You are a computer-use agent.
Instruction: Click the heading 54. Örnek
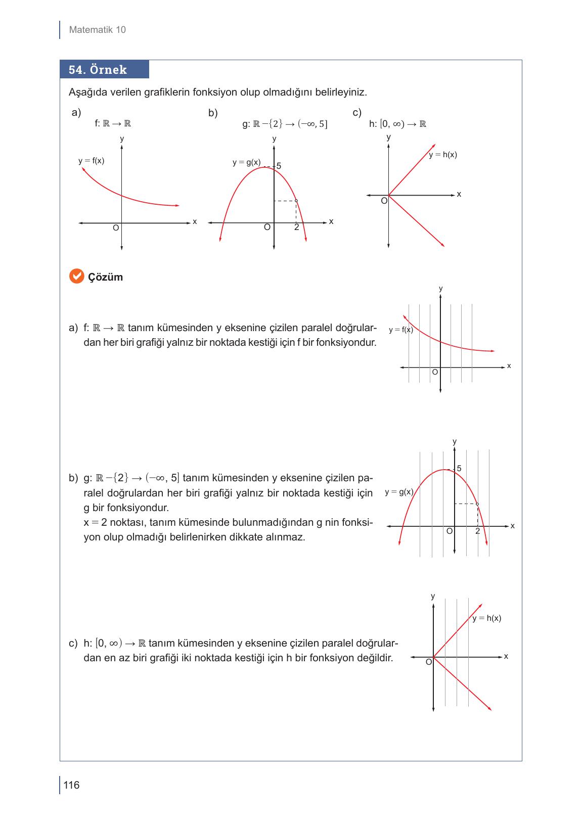[98, 70]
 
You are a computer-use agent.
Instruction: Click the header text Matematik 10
[97, 30]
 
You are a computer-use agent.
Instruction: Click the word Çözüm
[106, 277]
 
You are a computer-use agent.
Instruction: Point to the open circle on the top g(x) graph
[296, 201]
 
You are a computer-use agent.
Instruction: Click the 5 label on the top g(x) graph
[279, 166]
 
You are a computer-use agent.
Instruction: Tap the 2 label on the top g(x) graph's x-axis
[297, 227]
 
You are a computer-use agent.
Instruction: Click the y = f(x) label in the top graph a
[92, 161]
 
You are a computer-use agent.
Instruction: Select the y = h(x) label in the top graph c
[443, 155]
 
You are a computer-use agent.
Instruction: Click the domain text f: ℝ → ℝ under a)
[113, 123]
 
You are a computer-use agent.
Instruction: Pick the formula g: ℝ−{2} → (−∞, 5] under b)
[285, 124]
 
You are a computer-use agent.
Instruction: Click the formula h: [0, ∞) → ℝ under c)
[397, 124]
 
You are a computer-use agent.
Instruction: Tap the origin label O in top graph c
[384, 201]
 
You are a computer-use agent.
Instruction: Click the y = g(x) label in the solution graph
[399, 491]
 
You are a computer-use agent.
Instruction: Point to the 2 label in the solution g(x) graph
[477, 531]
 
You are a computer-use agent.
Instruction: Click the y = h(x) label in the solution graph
[486, 618]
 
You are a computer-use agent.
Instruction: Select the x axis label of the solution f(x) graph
[509, 366]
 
